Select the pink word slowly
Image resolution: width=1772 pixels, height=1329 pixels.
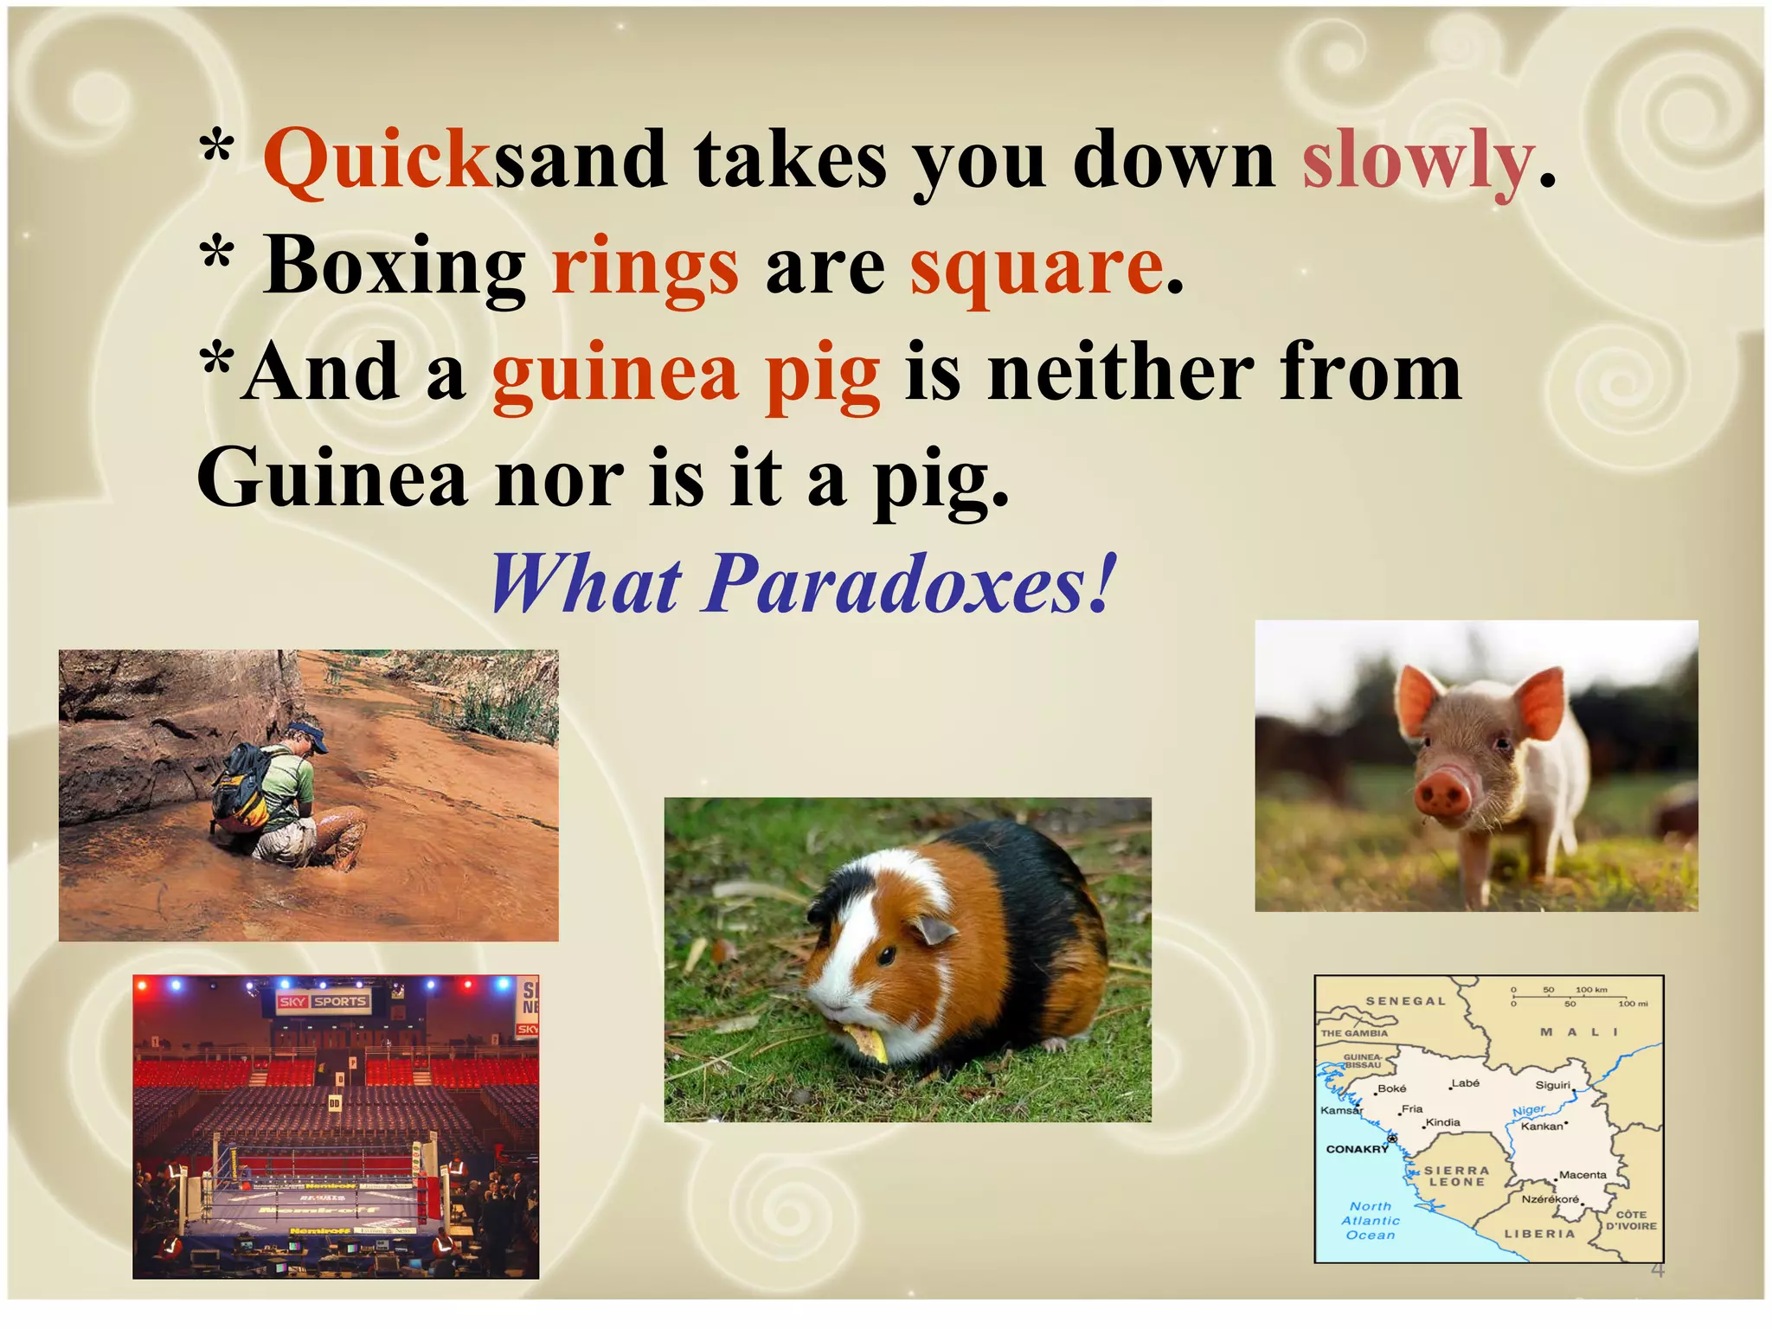point(1417,162)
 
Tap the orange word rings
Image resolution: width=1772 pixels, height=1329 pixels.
point(645,267)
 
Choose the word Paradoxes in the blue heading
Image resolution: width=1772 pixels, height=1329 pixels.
point(908,585)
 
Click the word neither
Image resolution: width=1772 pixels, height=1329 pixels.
point(1121,373)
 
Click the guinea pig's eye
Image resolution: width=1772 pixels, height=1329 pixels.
point(888,955)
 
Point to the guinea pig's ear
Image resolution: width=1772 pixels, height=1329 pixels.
point(936,930)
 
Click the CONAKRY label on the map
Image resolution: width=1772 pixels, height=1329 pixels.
point(1357,1149)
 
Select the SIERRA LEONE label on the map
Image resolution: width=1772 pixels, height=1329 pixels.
point(1457,1176)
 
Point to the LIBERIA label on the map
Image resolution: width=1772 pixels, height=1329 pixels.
point(1539,1234)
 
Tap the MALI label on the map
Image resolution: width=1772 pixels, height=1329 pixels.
point(1578,1031)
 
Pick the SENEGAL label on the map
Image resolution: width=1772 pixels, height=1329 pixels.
point(1405,1001)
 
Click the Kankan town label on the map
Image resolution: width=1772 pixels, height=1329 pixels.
point(1542,1127)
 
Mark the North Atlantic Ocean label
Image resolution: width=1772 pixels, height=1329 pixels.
point(1371,1220)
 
